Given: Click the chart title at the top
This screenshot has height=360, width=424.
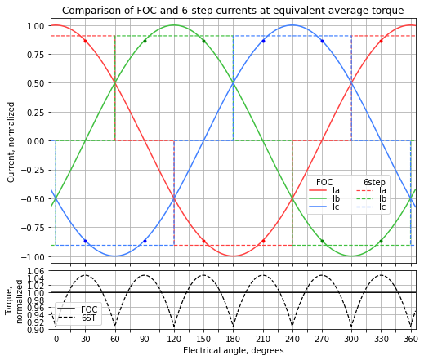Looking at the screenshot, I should tap(233, 11).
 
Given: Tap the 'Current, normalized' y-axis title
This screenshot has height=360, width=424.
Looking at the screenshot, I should tap(11, 141).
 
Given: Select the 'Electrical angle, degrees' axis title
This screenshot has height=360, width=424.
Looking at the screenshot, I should tap(233, 351).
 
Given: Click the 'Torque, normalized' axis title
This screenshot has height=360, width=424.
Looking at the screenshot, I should tap(16, 300).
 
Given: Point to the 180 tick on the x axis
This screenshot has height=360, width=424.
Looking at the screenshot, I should tap(233, 338).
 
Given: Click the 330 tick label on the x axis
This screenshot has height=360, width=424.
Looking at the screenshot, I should tap(381, 338).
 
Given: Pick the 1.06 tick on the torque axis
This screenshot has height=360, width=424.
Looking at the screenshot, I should tap(37, 271).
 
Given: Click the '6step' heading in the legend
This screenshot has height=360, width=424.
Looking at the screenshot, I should tap(374, 182).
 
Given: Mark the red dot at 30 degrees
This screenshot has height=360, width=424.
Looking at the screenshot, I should tap(85, 41).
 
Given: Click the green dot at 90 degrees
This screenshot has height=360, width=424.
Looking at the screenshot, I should tap(145, 41).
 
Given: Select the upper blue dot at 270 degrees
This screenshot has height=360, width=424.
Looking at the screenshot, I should tap(322, 41).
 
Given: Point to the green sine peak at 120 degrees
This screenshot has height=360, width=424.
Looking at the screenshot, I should tap(174, 25).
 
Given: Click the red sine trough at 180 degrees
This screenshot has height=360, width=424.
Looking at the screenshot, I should tap(233, 256).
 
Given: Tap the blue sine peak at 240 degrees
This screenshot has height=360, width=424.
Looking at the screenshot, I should tap(292, 25).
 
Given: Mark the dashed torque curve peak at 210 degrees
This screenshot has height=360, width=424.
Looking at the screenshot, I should tap(262, 275).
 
